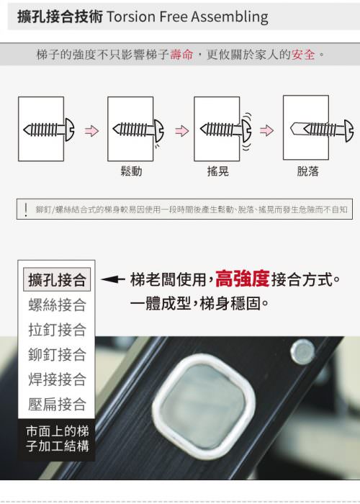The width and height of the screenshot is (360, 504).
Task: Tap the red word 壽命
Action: (182, 54)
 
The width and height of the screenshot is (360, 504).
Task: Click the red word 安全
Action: (303, 54)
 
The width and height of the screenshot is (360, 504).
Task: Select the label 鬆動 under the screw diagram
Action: (131, 171)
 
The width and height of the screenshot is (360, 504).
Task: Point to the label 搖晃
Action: (218, 171)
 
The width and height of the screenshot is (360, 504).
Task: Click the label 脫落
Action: (307, 171)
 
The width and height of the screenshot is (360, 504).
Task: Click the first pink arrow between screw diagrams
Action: (91, 131)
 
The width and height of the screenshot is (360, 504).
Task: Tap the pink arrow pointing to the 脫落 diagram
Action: (267, 130)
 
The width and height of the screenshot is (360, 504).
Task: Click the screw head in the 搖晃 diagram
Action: (246, 130)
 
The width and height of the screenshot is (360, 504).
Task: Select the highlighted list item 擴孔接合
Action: (57, 279)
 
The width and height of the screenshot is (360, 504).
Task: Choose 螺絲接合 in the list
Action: (57, 305)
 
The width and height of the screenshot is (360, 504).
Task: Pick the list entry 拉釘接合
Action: (57, 330)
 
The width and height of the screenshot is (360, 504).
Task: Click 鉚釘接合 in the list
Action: (57, 354)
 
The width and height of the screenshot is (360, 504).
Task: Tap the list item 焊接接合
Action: (57, 379)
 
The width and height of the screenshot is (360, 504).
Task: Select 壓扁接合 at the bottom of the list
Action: (57, 404)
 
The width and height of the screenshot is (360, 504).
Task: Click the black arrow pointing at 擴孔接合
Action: (113, 279)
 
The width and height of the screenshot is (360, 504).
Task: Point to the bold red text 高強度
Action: (242, 279)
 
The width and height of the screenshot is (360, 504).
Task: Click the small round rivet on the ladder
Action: (302, 352)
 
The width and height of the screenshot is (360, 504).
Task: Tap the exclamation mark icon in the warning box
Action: (26, 210)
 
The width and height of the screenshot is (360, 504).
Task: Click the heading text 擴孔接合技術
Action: (60, 17)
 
